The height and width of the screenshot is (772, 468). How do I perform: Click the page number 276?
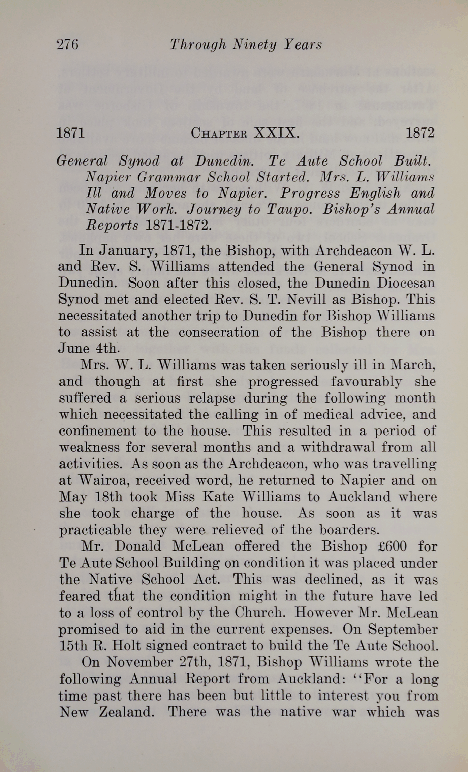67,44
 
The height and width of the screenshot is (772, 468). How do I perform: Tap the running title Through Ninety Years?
246,44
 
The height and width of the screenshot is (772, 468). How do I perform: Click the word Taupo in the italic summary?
292,209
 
